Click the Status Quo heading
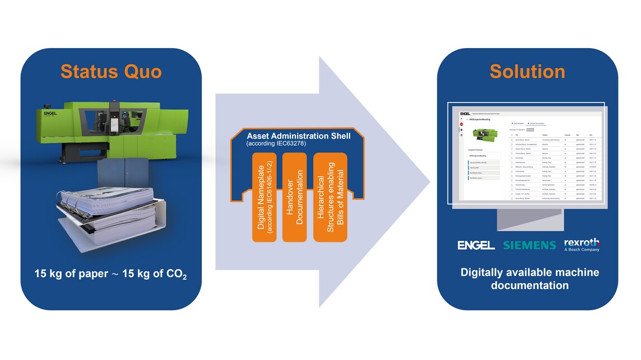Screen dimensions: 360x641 (x=111, y=72)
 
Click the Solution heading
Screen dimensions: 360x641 (x=527, y=72)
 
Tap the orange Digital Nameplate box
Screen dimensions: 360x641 (x=265, y=198)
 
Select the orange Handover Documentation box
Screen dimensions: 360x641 (x=295, y=198)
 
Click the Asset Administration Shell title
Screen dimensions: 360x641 (x=299, y=135)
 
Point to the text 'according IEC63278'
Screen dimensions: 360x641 (x=274, y=144)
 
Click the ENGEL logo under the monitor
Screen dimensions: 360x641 (x=476, y=245)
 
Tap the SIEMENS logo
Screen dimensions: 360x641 (x=529, y=245)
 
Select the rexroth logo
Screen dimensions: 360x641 (x=582, y=243)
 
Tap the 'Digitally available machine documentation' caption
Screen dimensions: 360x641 (x=529, y=278)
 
